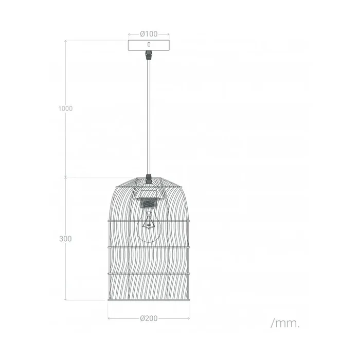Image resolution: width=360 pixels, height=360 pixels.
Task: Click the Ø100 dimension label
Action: click(x=149, y=34)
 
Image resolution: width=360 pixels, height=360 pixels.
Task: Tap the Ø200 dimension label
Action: click(x=149, y=318)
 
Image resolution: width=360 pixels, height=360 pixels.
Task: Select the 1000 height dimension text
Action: click(x=65, y=109)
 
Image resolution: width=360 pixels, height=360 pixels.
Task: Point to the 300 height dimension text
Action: click(x=65, y=239)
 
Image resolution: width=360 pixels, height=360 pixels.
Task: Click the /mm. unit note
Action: click(x=284, y=323)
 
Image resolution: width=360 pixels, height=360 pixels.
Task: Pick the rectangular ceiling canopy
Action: click(x=149, y=45)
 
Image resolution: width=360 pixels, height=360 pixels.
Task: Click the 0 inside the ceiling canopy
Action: click(x=149, y=45)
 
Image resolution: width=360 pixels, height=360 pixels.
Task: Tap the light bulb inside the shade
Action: click(x=149, y=226)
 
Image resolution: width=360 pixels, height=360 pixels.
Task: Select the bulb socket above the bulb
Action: click(x=149, y=202)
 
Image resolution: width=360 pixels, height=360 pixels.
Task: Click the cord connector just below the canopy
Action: click(x=149, y=54)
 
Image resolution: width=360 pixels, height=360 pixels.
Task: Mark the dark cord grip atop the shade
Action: click(x=149, y=178)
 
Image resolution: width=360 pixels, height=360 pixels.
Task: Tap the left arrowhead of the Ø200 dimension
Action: click(x=109, y=318)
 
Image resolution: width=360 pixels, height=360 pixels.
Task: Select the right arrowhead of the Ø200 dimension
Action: click(x=189, y=318)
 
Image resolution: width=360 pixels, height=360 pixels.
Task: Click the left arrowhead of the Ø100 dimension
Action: click(x=129, y=34)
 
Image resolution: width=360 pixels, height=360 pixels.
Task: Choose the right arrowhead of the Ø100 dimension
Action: click(x=169, y=34)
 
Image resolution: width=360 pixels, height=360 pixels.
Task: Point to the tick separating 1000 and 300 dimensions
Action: click(x=65, y=177)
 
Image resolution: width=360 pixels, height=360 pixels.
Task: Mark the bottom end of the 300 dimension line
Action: click(x=65, y=300)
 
